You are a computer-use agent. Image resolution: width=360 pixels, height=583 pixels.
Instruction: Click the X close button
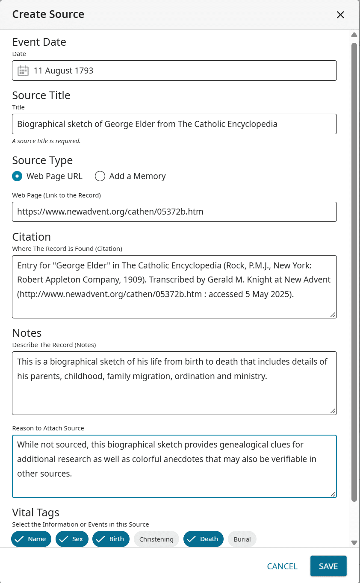[340, 15]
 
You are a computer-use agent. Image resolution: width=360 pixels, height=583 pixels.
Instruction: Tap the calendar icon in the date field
[23, 71]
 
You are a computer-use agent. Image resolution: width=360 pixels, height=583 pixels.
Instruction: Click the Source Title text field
[174, 124]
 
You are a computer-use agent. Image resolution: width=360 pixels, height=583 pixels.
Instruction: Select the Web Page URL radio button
[17, 176]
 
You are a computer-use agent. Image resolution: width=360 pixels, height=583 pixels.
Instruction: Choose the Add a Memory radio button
[100, 176]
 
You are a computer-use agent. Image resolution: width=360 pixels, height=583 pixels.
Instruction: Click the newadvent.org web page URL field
[174, 212]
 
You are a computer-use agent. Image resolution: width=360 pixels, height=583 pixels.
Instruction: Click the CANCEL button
[282, 566]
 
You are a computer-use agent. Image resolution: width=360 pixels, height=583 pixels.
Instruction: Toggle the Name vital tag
[31, 539]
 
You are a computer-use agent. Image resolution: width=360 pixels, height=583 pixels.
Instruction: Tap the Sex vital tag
[72, 539]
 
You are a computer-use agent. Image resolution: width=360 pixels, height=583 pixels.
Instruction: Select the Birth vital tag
[111, 539]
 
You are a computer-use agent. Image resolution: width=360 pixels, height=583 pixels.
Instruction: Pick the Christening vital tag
[156, 539]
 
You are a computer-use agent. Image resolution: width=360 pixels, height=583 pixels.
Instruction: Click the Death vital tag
[204, 539]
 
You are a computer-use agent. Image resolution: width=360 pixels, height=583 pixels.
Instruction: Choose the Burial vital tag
[242, 539]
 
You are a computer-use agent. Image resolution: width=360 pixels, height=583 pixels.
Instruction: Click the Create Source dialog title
[48, 15]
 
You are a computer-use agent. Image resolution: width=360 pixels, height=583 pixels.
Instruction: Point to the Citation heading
[31, 237]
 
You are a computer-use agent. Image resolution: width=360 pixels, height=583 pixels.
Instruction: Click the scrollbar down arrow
[354, 542]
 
